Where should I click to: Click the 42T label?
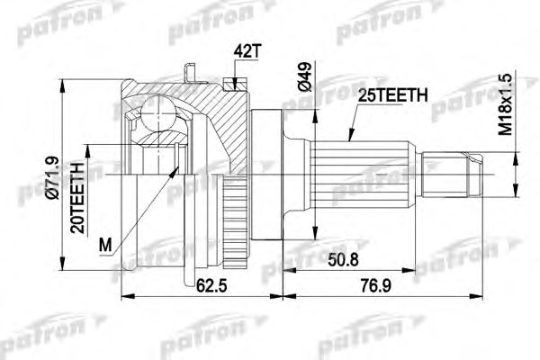(x=246, y=53)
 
